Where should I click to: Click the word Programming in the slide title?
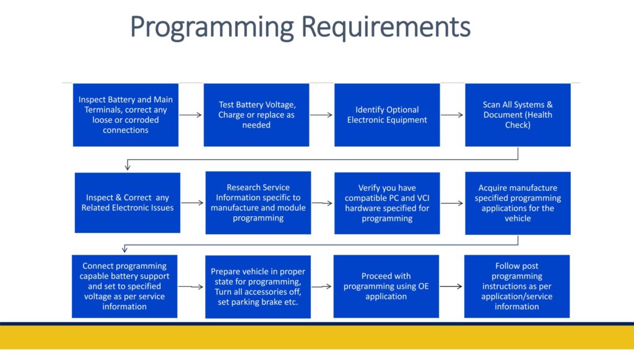212,28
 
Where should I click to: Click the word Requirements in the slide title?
386,27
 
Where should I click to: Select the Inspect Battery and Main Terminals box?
125,115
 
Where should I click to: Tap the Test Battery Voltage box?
256,115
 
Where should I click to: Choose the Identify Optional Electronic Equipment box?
387,115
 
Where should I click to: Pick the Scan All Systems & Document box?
518,115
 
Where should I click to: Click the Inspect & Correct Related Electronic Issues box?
128,203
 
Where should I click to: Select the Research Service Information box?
258,203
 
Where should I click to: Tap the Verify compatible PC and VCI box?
387,203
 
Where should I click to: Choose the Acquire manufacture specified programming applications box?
518,203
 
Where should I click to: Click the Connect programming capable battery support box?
124,286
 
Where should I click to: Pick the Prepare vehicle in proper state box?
258,287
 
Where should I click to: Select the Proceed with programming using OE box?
386,286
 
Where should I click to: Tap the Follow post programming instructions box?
517,286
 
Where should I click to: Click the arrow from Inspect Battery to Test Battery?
191,115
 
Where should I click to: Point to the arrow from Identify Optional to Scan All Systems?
452,115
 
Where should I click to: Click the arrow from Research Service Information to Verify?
322,203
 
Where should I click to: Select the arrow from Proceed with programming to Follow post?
451,286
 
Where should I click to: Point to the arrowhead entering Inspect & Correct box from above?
128,166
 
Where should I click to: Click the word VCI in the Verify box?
423,198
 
